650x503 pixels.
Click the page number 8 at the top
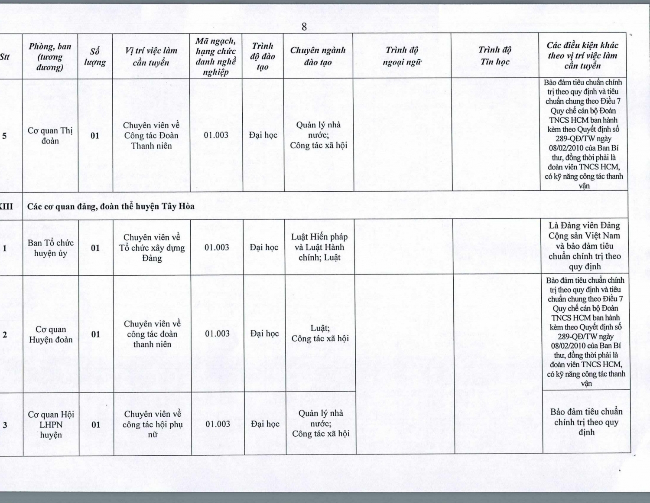[304, 27]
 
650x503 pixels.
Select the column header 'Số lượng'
[95, 57]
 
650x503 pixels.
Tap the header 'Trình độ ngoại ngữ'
[402, 56]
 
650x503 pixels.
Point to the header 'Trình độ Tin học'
[495, 56]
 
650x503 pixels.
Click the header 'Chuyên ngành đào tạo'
[318, 56]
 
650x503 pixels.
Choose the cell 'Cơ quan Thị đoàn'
[50, 136]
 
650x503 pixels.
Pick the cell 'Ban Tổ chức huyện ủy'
[51, 248]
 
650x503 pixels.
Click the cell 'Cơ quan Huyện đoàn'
[51, 334]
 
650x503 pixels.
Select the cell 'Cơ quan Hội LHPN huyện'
[51, 425]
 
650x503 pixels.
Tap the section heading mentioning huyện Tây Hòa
[111, 206]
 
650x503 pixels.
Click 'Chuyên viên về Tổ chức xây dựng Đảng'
[152, 248]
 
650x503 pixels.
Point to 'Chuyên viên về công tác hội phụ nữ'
[153, 425]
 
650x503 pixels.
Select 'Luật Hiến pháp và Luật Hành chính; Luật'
[319, 247]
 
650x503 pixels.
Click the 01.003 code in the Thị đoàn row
[216, 135]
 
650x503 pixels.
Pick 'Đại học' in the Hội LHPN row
[265, 424]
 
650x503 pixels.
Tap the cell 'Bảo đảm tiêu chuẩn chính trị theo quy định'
[586, 422]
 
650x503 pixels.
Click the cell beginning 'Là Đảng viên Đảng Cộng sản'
[585, 246]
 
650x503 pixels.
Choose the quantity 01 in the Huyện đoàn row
[95, 334]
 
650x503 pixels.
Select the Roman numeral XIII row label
[6, 206]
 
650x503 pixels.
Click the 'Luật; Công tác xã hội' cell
[320, 333]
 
